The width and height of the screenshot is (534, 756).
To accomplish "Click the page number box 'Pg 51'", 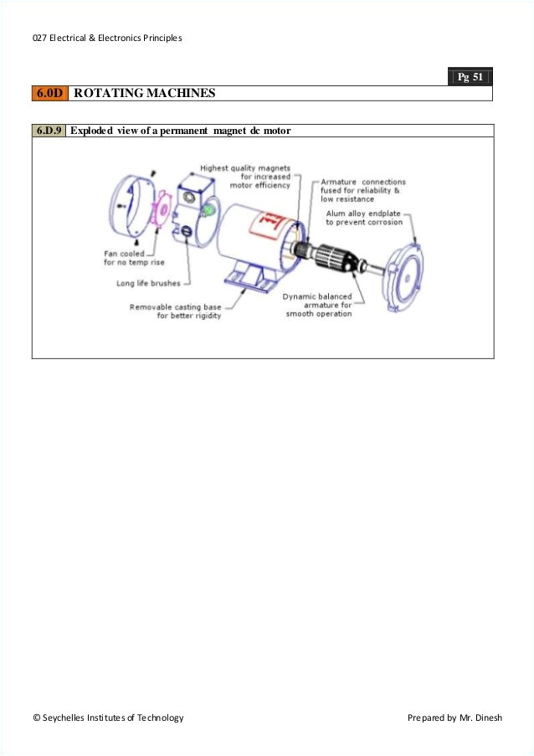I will pos(470,77).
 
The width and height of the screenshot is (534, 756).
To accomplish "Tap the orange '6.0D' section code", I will pos(49,94).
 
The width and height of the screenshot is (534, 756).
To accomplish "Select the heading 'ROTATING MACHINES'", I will pos(144,94).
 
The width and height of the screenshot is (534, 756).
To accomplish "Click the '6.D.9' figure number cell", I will pos(49,131).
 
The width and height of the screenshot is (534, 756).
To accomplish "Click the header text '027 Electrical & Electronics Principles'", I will pos(107,38).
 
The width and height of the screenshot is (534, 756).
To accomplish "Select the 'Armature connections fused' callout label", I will pos(363,190).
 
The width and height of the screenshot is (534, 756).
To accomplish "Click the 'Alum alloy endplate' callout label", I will pos(364,218).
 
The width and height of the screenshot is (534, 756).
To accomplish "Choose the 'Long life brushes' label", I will pos(148,283).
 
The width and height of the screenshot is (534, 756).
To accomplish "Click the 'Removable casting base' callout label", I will pos(176,311).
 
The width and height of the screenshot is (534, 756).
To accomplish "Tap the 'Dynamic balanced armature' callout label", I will pos(317,305).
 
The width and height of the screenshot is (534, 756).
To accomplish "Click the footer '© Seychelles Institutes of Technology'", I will pos(108,717).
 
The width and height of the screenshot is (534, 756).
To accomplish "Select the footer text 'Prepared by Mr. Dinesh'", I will pos(454,717).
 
